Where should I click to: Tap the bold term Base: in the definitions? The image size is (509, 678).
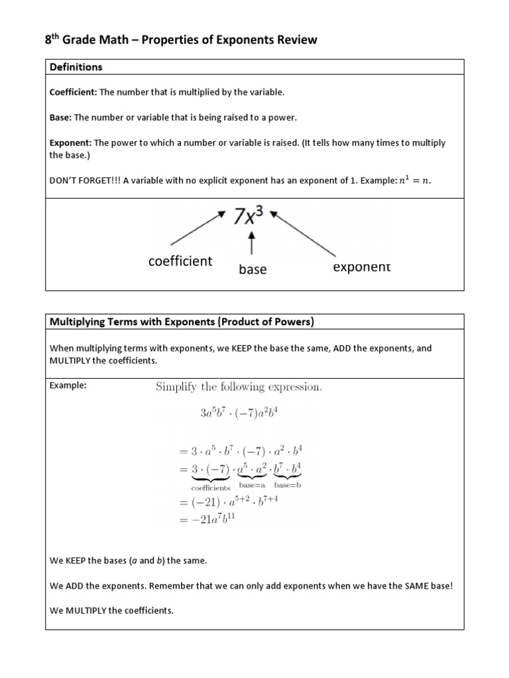(x=61, y=117)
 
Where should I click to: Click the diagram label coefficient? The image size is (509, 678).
(x=180, y=261)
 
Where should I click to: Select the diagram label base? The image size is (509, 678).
(x=252, y=269)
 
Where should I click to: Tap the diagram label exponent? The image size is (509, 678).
(x=361, y=267)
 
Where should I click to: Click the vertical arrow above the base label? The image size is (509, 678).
(x=251, y=246)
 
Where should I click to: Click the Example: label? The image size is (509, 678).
(x=68, y=386)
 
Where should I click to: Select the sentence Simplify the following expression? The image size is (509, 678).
(x=239, y=387)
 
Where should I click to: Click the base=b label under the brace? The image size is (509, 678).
(x=288, y=485)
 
